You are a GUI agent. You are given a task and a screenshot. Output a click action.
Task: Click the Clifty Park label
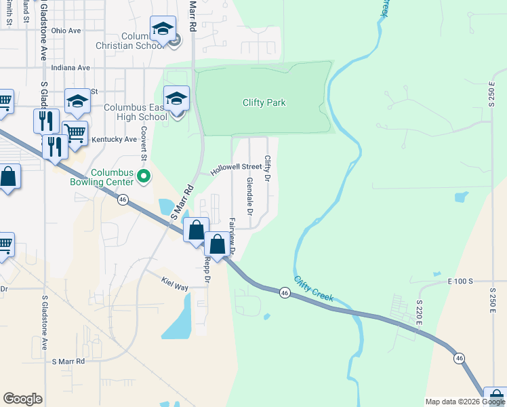[264, 103]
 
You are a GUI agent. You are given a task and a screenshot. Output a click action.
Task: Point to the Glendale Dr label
[249, 193]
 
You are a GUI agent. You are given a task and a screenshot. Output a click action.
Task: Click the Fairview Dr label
[232, 236]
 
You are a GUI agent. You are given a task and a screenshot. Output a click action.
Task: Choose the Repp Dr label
[207, 269]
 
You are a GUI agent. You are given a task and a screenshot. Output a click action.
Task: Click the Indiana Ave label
[70, 68]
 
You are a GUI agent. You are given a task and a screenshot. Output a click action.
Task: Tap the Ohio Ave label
[66, 31]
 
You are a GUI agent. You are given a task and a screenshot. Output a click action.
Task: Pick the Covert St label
[144, 143]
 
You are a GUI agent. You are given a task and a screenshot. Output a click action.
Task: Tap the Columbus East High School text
[135, 112]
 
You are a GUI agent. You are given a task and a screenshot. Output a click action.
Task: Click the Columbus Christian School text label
[144, 41]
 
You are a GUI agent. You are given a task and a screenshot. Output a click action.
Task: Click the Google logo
[22, 399]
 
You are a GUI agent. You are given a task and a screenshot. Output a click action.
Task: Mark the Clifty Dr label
[268, 168]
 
